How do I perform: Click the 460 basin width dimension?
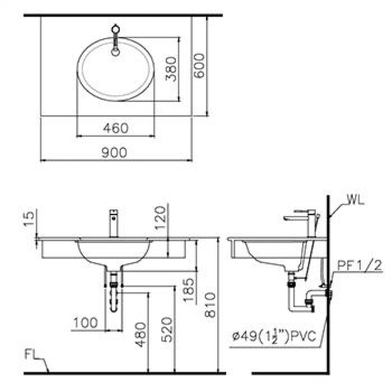115,128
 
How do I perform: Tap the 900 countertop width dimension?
114,152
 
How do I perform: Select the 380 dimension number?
171,69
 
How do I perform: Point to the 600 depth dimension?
199,65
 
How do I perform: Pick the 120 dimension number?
160,218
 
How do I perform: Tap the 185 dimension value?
189,290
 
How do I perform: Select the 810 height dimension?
210,305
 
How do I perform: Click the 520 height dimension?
167,329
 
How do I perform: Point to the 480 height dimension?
141,335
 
